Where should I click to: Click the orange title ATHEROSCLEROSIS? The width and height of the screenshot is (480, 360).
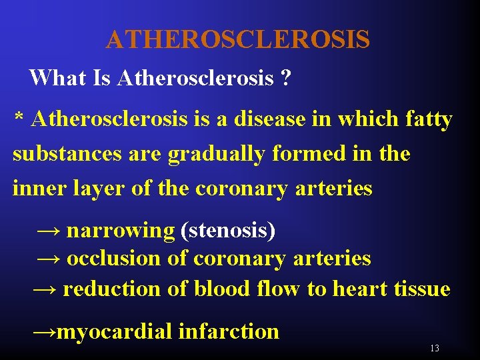pyautogui.click(x=237, y=40)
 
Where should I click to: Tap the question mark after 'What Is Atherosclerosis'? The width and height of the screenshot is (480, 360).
pyautogui.click(x=285, y=78)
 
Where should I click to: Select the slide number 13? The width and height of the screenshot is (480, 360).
pyautogui.click(x=435, y=349)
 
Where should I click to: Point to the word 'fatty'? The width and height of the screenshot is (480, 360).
pyautogui.click(x=428, y=120)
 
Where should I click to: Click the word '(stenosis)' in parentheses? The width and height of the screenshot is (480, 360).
pyautogui.click(x=227, y=231)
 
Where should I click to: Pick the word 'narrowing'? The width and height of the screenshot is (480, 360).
pyautogui.click(x=120, y=231)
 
